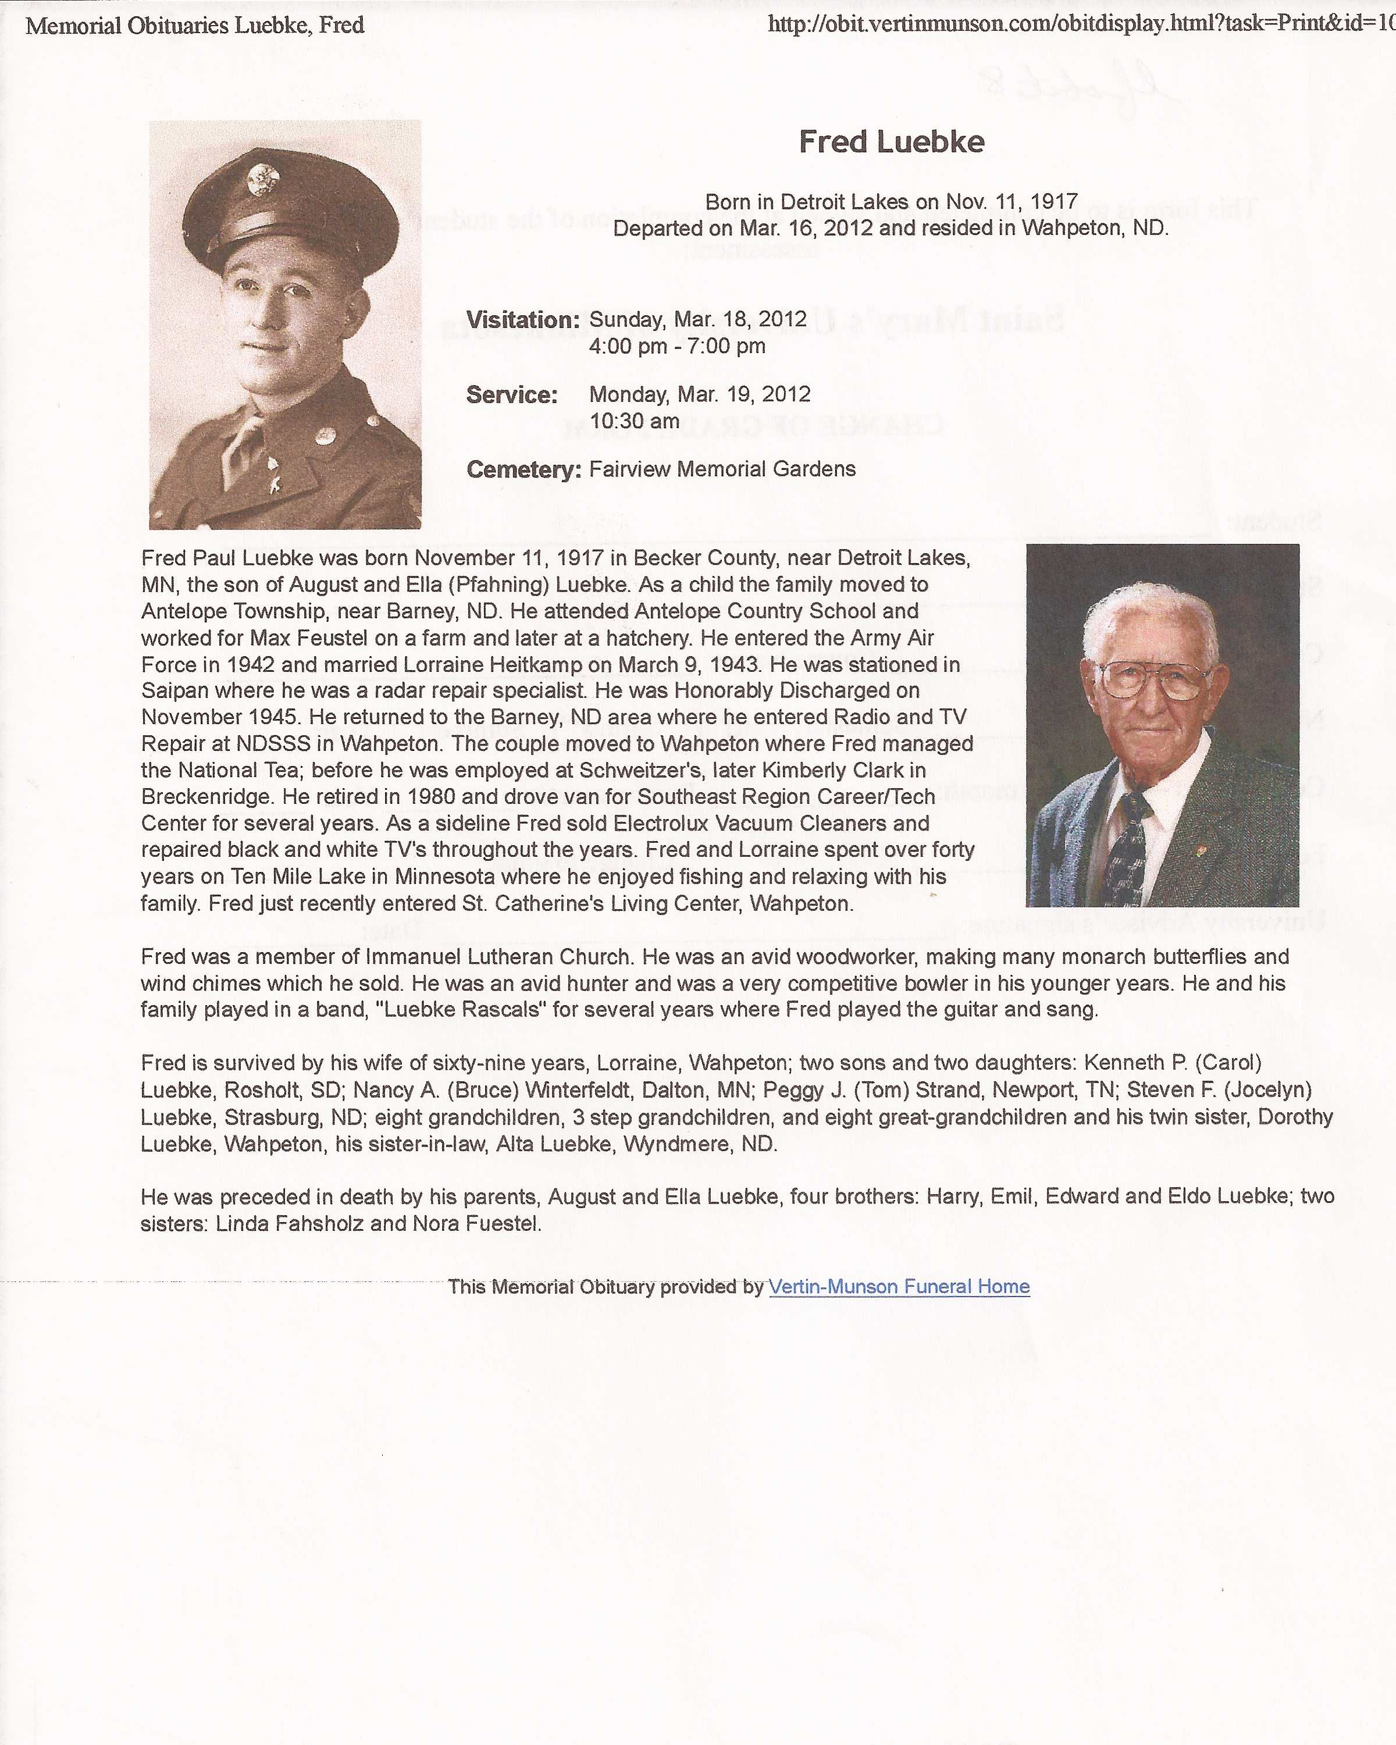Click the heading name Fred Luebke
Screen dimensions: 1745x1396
pos(891,143)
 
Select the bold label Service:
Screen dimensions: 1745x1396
pos(511,395)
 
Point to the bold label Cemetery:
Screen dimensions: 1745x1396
pos(523,469)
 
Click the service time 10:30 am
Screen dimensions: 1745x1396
pos(635,421)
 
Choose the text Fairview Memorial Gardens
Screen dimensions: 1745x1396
pos(722,469)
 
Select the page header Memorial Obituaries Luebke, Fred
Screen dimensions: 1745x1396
pos(195,25)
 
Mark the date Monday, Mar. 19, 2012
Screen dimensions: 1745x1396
pos(699,394)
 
